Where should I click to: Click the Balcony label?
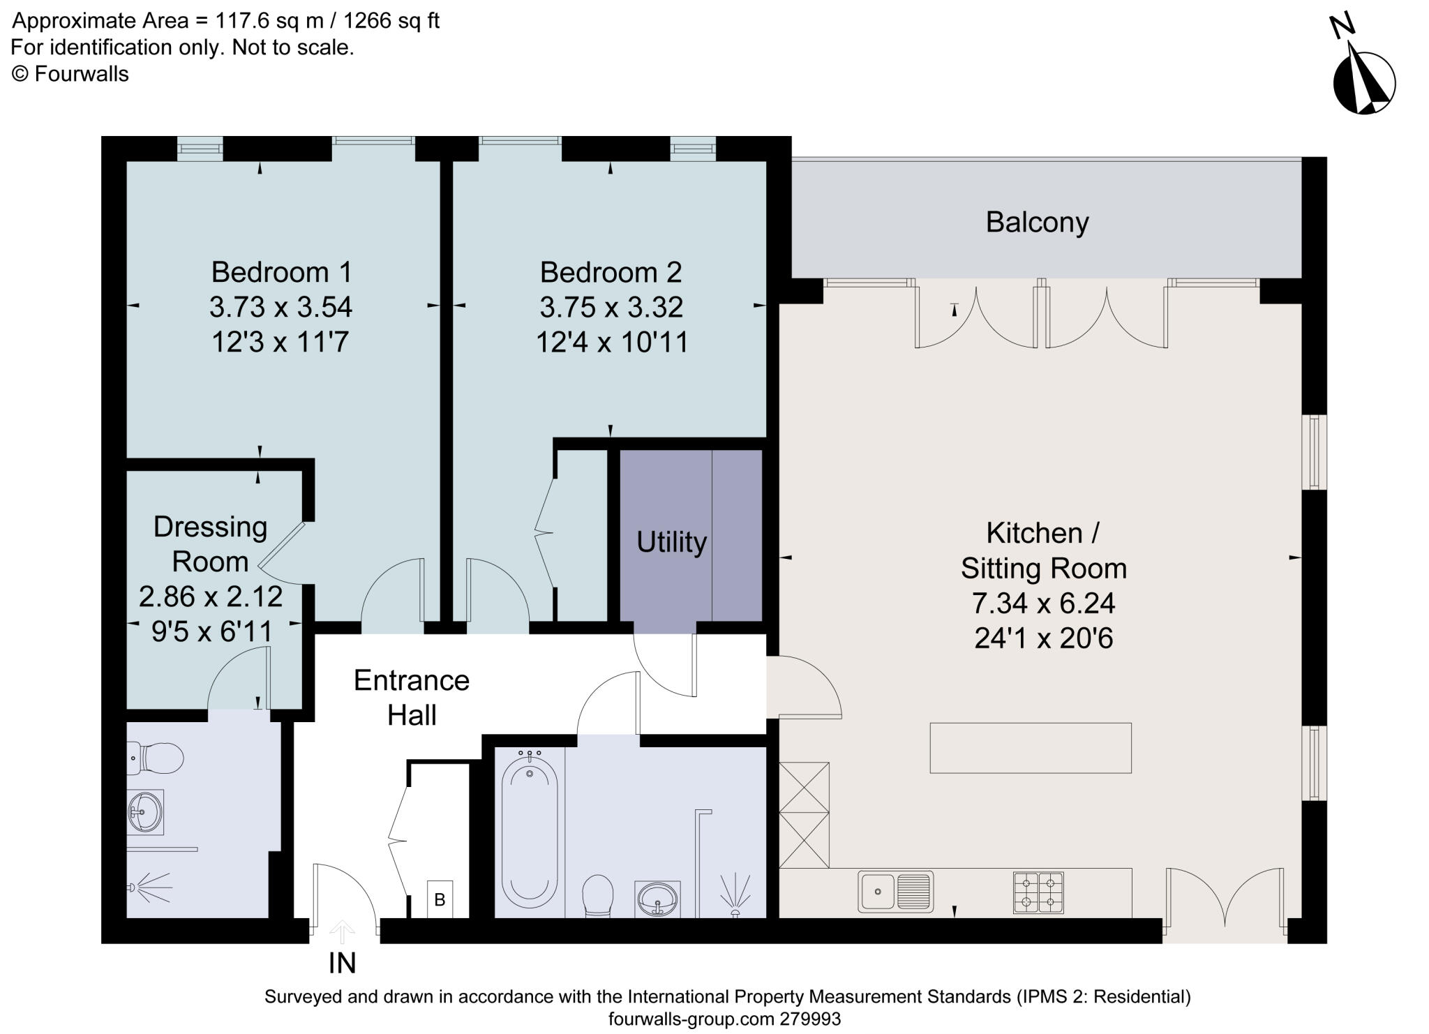click(1037, 223)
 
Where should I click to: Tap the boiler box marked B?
click(440, 900)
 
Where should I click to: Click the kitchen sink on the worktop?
click(895, 892)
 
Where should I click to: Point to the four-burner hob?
click(1038, 892)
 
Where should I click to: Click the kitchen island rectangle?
click(1030, 748)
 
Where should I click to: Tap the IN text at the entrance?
click(342, 963)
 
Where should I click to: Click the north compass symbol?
click(1363, 82)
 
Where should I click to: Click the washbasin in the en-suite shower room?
click(145, 811)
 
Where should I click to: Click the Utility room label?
click(671, 542)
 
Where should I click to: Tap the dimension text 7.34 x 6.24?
click(1043, 604)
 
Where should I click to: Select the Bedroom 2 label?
click(611, 272)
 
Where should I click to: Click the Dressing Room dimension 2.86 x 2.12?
click(211, 597)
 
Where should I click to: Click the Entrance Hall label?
click(412, 697)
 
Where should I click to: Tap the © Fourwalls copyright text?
click(70, 74)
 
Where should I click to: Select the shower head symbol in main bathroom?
click(735, 897)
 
